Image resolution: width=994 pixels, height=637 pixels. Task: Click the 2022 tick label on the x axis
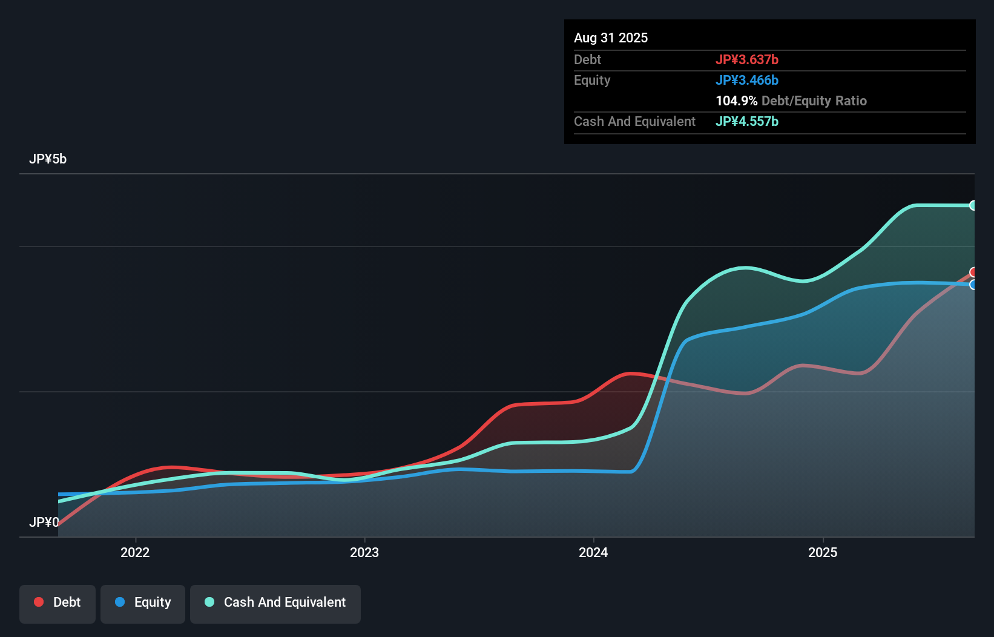coord(135,552)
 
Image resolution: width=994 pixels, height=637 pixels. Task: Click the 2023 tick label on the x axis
coord(364,552)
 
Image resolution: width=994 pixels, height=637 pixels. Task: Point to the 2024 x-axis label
coord(593,552)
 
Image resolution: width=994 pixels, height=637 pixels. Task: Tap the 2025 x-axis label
coord(823,552)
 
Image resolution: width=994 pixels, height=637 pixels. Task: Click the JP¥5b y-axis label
coord(48,159)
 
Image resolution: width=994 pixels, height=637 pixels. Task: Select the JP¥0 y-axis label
coord(44,522)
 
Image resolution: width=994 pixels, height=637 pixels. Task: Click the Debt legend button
coord(58,602)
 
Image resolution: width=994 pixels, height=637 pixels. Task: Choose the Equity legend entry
coord(143,602)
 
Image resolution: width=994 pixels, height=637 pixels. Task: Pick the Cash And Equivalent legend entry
coord(275,602)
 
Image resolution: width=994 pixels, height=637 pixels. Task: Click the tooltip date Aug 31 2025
coord(611,38)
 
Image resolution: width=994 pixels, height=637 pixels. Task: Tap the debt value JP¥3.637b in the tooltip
coord(747,59)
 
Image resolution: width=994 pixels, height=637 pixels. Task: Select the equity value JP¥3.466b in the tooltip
coord(747,80)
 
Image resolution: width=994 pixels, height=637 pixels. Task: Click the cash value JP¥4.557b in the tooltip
coord(747,121)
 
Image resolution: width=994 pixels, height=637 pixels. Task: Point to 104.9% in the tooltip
coord(736,101)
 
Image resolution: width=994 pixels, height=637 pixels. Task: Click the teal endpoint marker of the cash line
coord(973,205)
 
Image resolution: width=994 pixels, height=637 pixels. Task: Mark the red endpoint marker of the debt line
coord(973,272)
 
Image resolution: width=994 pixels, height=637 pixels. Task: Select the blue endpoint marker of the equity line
coord(973,285)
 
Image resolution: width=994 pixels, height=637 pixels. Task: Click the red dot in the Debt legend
coord(39,602)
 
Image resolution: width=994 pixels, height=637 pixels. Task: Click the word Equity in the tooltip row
coord(592,80)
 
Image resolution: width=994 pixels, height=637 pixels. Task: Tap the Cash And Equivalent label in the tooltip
coord(634,121)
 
